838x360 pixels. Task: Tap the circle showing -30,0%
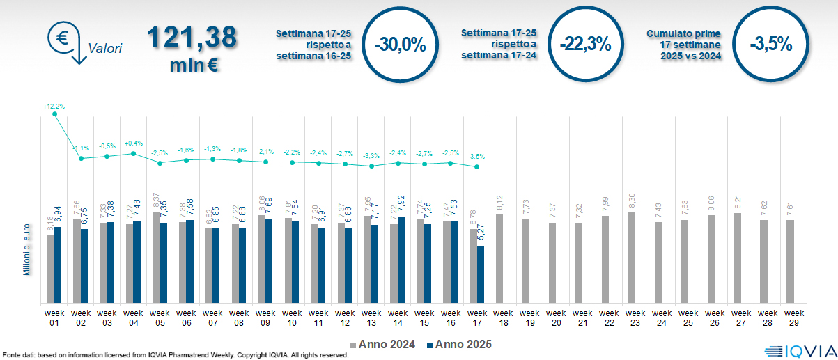point(400,45)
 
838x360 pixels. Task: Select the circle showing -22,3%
point(585,45)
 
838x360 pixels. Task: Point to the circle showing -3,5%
point(771,45)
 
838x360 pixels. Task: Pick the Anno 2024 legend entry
point(385,344)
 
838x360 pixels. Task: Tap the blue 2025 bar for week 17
point(480,274)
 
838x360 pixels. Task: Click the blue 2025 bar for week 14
point(401,260)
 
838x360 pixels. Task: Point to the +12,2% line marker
point(55,114)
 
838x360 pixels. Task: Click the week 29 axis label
point(790,318)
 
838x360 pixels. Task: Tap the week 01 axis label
point(54,318)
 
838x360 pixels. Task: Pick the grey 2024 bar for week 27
point(738,258)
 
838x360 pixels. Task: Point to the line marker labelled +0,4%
point(134,153)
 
